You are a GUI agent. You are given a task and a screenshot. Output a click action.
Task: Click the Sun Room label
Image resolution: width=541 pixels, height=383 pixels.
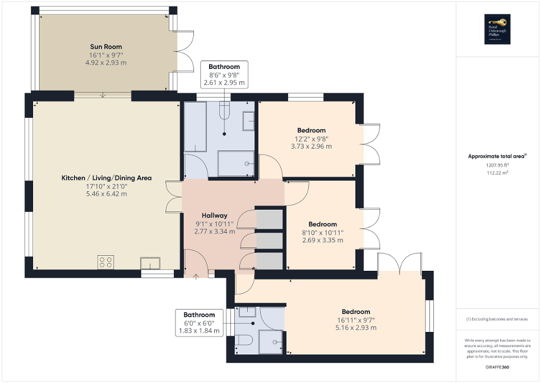pyautogui.click(x=106, y=47)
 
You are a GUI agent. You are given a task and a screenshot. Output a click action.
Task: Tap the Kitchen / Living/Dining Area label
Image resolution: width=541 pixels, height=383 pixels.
pyautogui.click(x=107, y=178)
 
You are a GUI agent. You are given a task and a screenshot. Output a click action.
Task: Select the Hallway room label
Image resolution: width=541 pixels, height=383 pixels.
pyautogui.click(x=214, y=215)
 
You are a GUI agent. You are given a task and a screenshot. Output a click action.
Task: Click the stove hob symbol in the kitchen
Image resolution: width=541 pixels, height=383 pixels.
pyautogui.click(x=105, y=262)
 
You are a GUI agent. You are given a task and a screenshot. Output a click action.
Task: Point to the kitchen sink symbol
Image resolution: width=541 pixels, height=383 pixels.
pyautogui.click(x=150, y=263)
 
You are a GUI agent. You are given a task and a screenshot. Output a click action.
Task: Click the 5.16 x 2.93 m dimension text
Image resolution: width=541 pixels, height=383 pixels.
pyautogui.click(x=355, y=327)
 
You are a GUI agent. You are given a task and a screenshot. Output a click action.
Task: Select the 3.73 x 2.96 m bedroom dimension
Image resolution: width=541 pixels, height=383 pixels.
pyautogui.click(x=311, y=146)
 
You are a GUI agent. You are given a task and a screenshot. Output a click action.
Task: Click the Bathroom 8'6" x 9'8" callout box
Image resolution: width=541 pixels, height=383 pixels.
pyautogui.click(x=224, y=75)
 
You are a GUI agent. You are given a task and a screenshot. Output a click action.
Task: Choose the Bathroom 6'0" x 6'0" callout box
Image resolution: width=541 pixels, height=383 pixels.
pyautogui.click(x=199, y=323)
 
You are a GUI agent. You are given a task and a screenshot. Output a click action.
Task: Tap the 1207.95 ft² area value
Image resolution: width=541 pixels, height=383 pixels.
pyautogui.click(x=498, y=165)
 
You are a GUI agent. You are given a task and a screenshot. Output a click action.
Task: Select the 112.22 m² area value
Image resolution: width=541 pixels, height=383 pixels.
pyautogui.click(x=498, y=173)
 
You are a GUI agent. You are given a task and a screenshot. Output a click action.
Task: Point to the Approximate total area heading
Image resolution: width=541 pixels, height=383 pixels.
pyautogui.click(x=498, y=156)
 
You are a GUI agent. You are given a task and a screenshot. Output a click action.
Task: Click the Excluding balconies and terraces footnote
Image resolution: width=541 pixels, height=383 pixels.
pyautogui.click(x=498, y=319)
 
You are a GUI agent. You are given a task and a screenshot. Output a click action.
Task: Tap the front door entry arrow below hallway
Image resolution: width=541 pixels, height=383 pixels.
pyautogui.click(x=196, y=275)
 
